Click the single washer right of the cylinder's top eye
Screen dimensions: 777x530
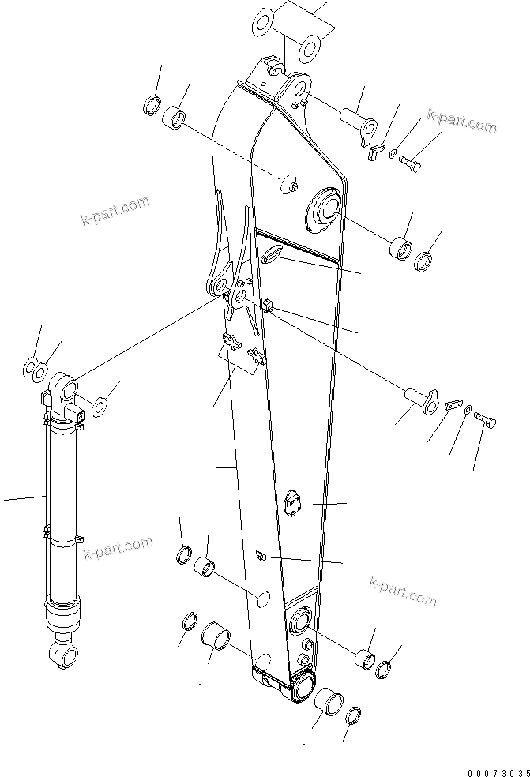pyautogui.click(x=100, y=407)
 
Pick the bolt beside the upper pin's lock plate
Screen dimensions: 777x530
pyautogui.click(x=410, y=163)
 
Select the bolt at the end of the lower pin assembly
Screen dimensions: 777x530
pyautogui.click(x=486, y=422)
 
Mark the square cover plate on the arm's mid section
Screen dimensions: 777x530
pyautogui.click(x=294, y=503)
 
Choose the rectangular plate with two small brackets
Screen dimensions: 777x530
pyautogui.click(x=241, y=353)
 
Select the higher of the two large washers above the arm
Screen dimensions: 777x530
pyautogui.click(x=265, y=21)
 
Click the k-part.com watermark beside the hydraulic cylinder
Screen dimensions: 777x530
pyautogui.click(x=118, y=547)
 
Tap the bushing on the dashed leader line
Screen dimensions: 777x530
pyautogui.click(x=175, y=120)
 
